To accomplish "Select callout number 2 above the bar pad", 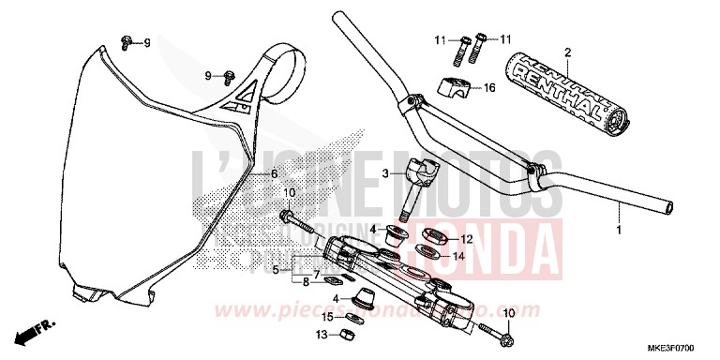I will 567,52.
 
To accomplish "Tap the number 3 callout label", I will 360,173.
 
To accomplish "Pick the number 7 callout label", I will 318,274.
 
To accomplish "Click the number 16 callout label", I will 488,88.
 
